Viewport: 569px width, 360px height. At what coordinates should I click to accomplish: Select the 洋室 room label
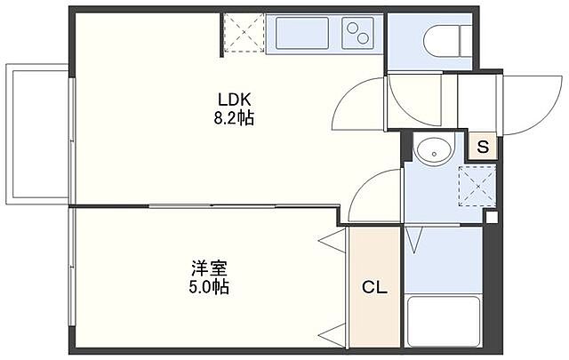tap(207, 268)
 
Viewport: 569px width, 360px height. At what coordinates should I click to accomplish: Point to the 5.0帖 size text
tap(207, 287)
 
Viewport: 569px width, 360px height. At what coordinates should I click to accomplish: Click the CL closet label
tap(373, 287)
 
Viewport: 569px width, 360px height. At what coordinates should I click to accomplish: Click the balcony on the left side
tap(36, 133)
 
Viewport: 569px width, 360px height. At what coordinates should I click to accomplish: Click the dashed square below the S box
tap(472, 186)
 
